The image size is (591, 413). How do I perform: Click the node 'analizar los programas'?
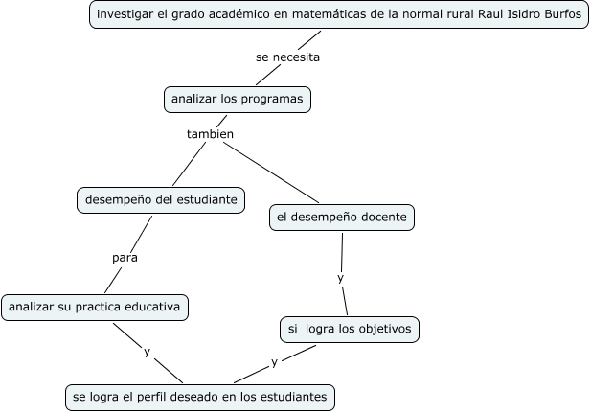pyautogui.click(x=237, y=99)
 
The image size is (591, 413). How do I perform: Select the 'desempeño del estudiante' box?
pyautogui.click(x=160, y=200)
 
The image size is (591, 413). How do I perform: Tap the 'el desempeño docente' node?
pyautogui.click(x=342, y=218)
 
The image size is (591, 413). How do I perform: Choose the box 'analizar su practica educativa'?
pyautogui.click(x=94, y=308)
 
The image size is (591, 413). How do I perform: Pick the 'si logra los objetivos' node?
pyautogui.click(x=349, y=329)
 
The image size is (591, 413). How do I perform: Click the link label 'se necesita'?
pyautogui.click(x=286, y=57)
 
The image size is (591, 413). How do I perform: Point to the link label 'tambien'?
pyautogui.click(x=210, y=134)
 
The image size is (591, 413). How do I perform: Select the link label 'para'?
pyautogui.click(x=125, y=258)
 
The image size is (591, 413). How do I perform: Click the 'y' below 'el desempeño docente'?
pyautogui.click(x=340, y=278)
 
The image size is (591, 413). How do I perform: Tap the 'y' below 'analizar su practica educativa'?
pyautogui.click(x=147, y=352)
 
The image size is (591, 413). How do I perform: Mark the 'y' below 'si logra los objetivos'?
pyautogui.click(x=274, y=362)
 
